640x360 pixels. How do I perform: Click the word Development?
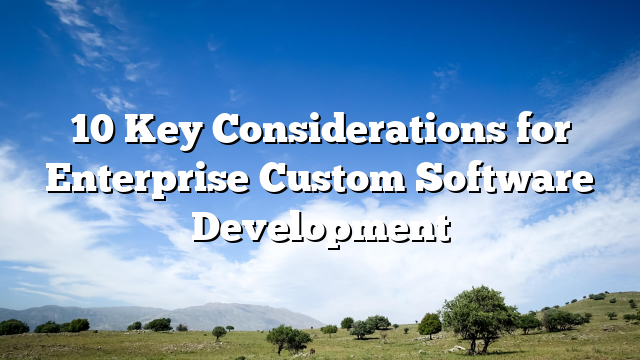point(320,226)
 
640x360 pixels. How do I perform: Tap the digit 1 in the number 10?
point(81,130)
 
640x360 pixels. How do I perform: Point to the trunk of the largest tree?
point(481,343)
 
